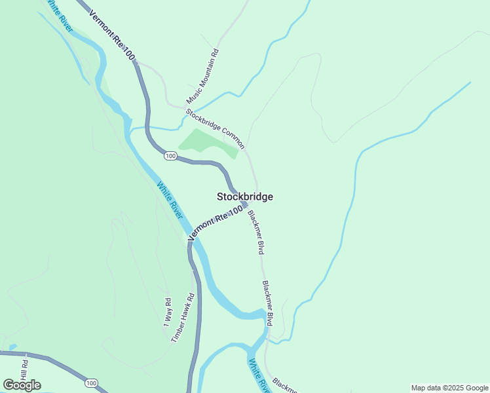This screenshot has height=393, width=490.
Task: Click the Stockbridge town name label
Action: pyautogui.click(x=244, y=196)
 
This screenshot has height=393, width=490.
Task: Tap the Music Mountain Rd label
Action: pyautogui.click(x=202, y=77)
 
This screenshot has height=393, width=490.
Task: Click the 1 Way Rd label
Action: pyautogui.click(x=168, y=313)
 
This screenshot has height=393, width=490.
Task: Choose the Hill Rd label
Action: pyautogui.click(x=24, y=371)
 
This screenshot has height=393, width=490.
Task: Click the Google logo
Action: pyautogui.click(x=22, y=385)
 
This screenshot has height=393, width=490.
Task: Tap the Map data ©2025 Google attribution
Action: pyautogui.click(x=449, y=388)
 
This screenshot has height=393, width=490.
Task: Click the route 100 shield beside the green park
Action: pyautogui.click(x=170, y=155)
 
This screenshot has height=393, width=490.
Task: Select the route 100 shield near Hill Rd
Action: pyautogui.click(x=91, y=383)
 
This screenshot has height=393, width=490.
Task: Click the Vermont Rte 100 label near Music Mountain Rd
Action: pyautogui.click(x=111, y=36)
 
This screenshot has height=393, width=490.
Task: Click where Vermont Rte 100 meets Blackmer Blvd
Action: pyautogui.click(x=245, y=205)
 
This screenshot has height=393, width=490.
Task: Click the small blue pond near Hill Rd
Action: pyautogui.click(x=12, y=347)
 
